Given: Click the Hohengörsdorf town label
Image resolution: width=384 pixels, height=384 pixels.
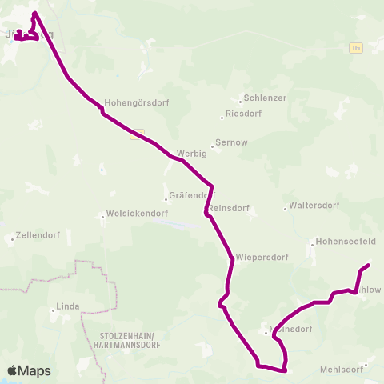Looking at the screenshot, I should [x=138, y=103].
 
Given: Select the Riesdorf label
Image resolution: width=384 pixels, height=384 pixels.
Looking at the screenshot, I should [x=245, y=114].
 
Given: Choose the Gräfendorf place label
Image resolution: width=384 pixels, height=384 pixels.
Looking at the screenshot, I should [x=192, y=195].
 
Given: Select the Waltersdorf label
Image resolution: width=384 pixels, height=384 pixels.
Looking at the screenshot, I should [x=314, y=206].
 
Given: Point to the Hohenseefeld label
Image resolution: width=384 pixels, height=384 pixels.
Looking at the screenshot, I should [x=346, y=240].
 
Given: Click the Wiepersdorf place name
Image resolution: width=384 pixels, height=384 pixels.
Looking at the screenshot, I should [x=257, y=258].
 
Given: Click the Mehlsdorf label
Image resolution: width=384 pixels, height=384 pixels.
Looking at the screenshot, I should [x=341, y=369].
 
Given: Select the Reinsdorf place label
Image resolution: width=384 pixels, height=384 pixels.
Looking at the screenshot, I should [x=230, y=208].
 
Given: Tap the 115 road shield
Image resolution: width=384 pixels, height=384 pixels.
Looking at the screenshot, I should [x=356, y=49].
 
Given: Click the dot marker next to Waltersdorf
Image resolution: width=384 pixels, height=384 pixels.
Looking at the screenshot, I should [x=286, y=210].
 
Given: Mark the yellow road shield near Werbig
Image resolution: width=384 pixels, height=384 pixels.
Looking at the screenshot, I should [x=137, y=134].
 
